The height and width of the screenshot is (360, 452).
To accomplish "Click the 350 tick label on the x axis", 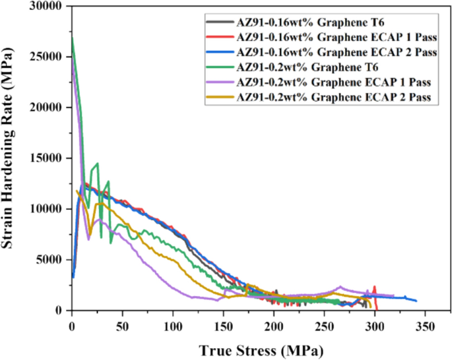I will coord(424,325).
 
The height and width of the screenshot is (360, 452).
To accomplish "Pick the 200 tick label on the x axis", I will coord(273,325).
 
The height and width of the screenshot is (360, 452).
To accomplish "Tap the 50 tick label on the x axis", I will coord(122,325).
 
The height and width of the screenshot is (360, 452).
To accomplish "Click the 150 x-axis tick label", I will coord(223,325).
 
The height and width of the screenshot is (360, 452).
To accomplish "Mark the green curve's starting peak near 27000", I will coord(72,37).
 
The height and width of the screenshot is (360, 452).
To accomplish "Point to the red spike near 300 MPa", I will coord(374,287).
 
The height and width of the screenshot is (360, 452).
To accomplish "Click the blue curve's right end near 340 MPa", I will coord(416,301).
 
